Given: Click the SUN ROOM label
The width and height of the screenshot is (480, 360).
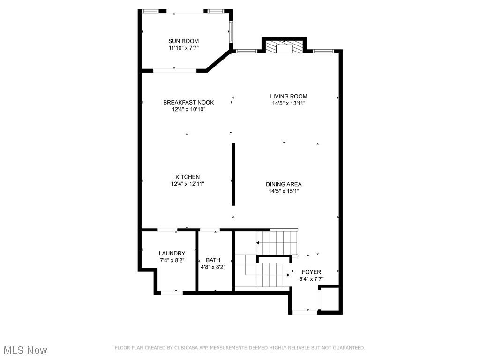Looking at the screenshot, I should click(x=184, y=41).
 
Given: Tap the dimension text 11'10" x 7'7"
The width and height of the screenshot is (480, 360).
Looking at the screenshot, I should click(x=184, y=48).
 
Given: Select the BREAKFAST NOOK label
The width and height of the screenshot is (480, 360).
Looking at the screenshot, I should click(x=188, y=102).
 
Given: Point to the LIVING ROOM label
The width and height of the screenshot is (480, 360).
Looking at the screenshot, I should click(x=288, y=96).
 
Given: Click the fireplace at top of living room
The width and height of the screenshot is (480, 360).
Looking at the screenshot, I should click(x=284, y=47).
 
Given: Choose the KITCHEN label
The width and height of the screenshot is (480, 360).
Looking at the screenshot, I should click(x=187, y=177).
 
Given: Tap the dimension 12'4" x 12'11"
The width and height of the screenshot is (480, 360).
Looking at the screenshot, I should click(x=187, y=184).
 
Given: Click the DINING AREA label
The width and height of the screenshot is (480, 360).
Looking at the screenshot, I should click(x=284, y=184).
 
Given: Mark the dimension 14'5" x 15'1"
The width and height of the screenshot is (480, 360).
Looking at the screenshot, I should click(x=284, y=191).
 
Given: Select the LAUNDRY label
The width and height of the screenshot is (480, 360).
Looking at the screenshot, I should click(x=172, y=253).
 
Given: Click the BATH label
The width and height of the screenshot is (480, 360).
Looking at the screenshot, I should click(x=213, y=260).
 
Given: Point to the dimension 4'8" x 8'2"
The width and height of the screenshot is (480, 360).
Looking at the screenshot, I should click(x=213, y=267).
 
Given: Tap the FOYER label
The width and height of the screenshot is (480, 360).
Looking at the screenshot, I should click(x=311, y=272).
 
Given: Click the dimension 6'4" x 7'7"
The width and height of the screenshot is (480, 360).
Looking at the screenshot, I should click(x=311, y=279).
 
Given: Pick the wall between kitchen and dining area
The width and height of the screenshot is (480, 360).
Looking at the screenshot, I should click(x=233, y=174).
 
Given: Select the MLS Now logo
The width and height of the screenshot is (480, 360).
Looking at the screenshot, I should click(x=24, y=350).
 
